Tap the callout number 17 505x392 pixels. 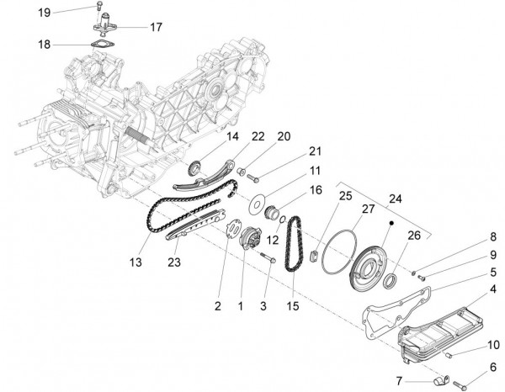[x=156, y=27]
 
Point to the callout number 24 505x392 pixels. [x=395, y=200]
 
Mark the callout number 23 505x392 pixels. [x=175, y=262]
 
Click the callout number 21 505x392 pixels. [x=291, y=151]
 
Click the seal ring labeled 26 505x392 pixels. [x=393, y=277]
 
